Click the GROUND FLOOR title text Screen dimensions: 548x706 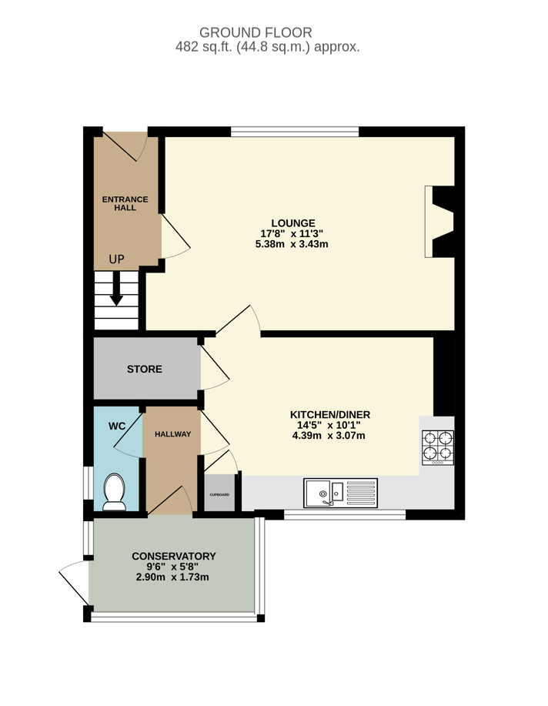tap(256, 32)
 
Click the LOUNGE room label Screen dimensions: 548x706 tap(293, 223)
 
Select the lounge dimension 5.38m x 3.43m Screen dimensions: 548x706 tap(292, 245)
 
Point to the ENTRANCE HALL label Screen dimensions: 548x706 tap(125, 203)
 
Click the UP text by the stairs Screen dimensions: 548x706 tap(117, 259)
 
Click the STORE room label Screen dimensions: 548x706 tap(145, 370)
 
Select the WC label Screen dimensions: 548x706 tap(117, 426)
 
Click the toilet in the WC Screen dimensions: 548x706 tap(115, 492)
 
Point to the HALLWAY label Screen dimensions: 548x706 tap(173, 434)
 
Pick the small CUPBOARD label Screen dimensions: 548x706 tap(220, 495)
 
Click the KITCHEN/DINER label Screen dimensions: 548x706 tap(330, 415)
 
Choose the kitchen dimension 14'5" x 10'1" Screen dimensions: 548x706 tap(329, 425)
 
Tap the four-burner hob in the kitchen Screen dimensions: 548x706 tap(438, 447)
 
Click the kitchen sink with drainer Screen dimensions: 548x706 tap(340, 493)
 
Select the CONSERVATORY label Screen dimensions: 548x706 tap(174, 556)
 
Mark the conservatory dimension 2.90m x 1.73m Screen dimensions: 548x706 tap(172, 577)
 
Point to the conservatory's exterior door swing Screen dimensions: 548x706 tap(74, 583)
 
